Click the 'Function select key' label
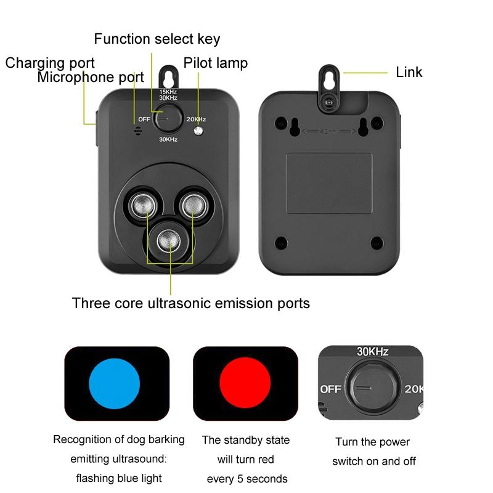pos(157,39)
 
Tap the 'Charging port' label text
pos(50,63)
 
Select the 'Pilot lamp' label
pos(215,63)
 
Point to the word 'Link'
pos(409,72)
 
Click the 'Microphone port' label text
pos(91,78)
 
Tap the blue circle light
pos(115,383)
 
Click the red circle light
pos(245,383)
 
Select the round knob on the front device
pos(168,118)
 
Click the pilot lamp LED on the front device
pos(198,131)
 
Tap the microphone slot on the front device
pos(137,131)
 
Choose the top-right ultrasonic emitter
pos(194,206)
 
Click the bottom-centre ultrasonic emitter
pos(168,241)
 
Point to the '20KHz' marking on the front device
pos(196,119)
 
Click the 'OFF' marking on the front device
pos(144,120)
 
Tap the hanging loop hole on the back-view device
pos(329,77)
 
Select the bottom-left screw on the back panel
pos(281,243)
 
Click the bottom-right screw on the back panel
pos(377,243)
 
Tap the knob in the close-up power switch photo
pos(373,388)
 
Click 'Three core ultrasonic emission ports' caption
pos(191,304)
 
